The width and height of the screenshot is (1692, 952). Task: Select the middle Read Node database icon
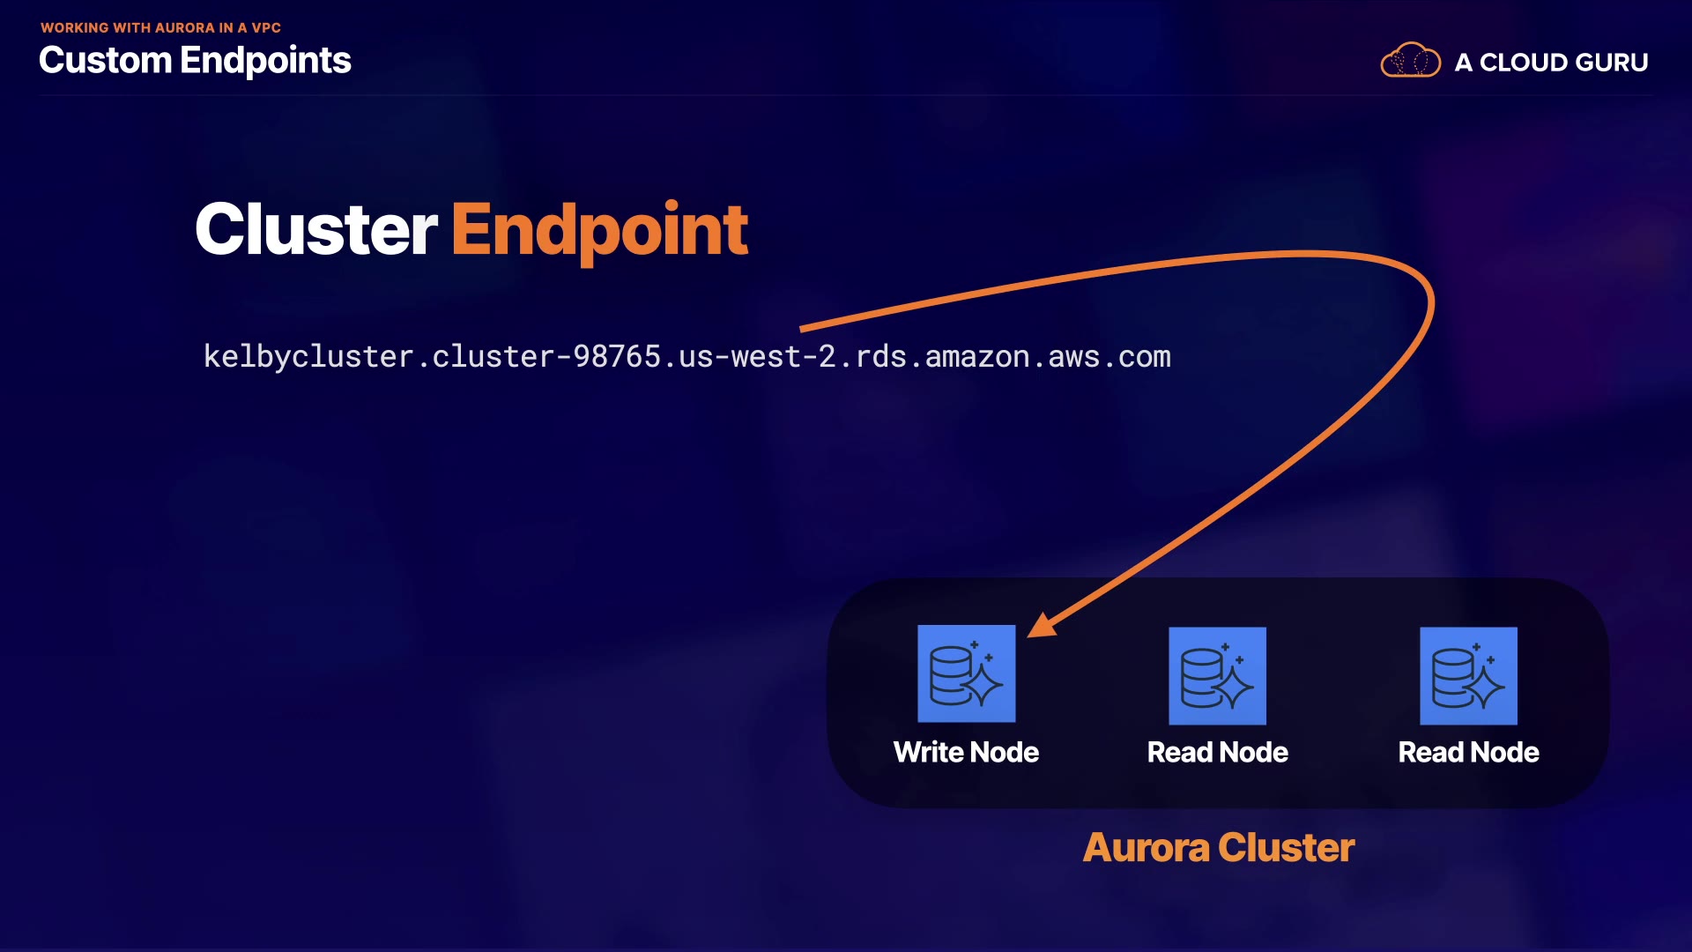[1217, 676]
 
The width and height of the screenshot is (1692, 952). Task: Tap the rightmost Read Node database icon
[1468, 676]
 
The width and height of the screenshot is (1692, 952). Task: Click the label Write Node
[966, 752]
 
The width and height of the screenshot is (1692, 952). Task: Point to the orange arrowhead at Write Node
[1041, 625]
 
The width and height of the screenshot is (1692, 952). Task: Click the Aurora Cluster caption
[1218, 847]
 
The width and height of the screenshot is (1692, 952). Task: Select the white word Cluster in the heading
[315, 229]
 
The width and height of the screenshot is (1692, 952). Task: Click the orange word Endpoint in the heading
[599, 229]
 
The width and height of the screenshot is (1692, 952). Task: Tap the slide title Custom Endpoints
[195, 60]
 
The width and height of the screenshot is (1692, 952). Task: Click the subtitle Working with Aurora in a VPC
[160, 27]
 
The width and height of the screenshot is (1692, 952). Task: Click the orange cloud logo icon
[1410, 61]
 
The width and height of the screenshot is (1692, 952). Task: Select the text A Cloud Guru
[1551, 63]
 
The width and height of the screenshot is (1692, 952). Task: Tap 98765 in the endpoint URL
[617, 357]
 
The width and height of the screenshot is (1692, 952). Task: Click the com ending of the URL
[1145, 357]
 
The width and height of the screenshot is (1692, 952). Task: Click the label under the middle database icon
[1217, 752]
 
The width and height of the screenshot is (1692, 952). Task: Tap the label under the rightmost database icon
[1468, 752]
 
